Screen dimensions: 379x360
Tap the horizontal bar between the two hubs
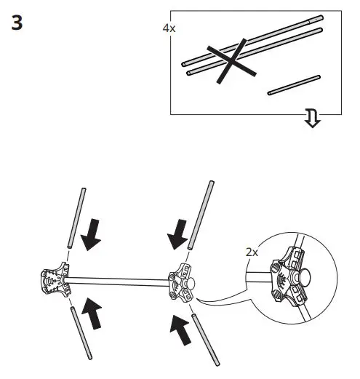point(116,279)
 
